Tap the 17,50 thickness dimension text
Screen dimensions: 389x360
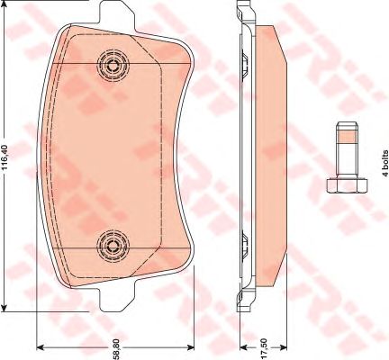coord(264,348)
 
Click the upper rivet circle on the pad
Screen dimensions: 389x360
coord(113,66)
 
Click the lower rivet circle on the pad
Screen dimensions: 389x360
coord(113,246)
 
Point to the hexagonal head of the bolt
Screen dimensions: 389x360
coord(347,185)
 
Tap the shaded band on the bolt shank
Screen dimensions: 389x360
coord(347,137)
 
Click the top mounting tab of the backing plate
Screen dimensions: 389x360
coord(116,13)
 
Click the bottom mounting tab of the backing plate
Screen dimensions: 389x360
coord(116,299)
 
